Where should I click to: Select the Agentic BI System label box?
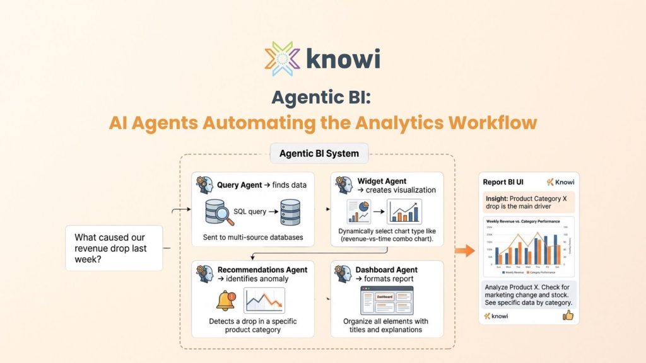[319, 153]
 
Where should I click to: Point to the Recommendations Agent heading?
[262, 270]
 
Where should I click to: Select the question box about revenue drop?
[114, 248]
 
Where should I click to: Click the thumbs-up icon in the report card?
[568, 314]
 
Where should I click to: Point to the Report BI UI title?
[503, 182]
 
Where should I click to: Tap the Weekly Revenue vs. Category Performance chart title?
[524, 222]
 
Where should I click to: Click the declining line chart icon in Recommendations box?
[264, 301]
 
